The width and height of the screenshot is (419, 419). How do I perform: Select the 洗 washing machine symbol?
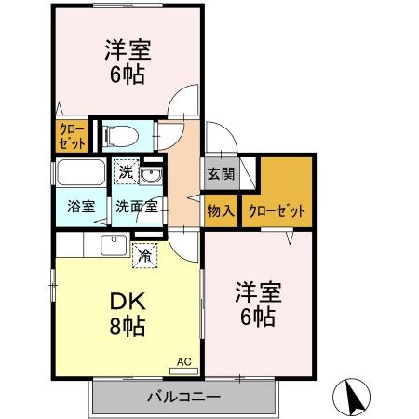126,170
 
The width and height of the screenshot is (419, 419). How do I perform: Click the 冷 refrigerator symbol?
144,251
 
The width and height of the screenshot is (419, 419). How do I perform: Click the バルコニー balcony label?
182,398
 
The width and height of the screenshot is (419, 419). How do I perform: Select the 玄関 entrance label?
220,172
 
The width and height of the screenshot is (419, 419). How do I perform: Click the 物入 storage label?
220,210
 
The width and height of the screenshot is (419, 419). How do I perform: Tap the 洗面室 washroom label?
135,207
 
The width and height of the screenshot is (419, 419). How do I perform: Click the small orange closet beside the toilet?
72,137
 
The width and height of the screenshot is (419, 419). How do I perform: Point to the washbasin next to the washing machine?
153,174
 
